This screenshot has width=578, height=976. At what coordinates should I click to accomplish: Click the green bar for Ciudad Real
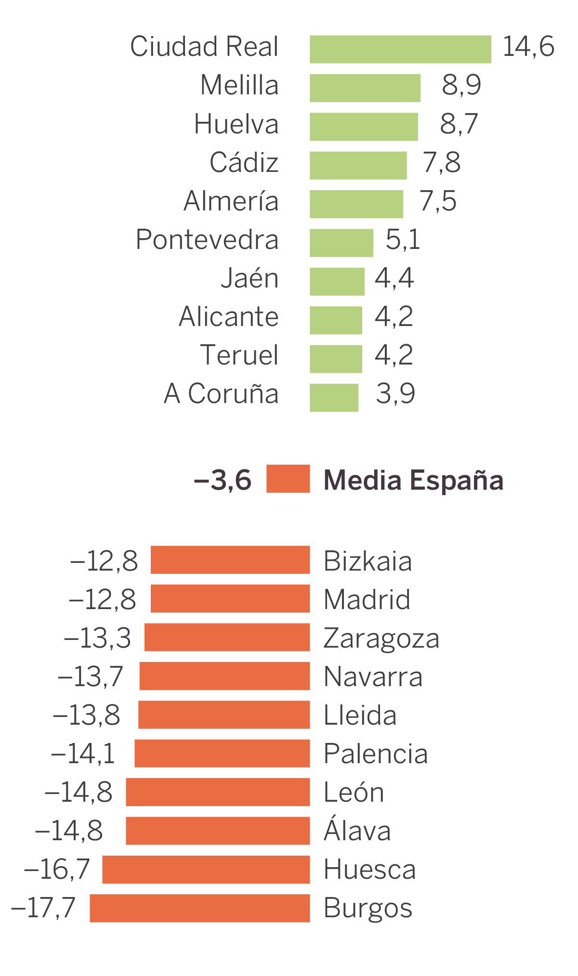click(x=400, y=49)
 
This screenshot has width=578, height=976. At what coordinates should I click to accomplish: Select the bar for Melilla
click(x=365, y=88)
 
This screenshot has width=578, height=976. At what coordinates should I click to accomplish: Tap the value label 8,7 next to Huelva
click(x=459, y=124)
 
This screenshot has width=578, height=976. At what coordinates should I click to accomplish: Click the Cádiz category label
click(x=244, y=162)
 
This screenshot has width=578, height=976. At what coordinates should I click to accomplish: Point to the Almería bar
click(x=356, y=204)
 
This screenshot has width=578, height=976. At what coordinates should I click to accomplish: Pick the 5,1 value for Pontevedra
click(x=403, y=239)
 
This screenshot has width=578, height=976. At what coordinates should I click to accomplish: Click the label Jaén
click(x=250, y=278)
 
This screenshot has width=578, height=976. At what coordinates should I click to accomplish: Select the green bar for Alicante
click(x=336, y=320)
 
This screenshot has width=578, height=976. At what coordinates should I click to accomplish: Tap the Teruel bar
click(x=336, y=359)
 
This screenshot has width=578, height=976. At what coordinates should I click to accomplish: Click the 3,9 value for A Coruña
click(x=395, y=394)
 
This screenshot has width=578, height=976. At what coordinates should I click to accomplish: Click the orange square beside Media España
click(x=288, y=479)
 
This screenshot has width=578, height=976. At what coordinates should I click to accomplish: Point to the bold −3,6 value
click(x=223, y=480)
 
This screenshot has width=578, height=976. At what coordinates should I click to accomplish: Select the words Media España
click(x=413, y=481)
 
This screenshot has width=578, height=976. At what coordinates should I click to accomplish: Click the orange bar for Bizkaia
click(x=230, y=560)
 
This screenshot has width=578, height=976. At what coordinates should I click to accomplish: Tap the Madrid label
click(x=367, y=599)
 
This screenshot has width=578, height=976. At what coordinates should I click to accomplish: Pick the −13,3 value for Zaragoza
click(x=97, y=638)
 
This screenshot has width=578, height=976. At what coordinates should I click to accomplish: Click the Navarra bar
click(x=224, y=676)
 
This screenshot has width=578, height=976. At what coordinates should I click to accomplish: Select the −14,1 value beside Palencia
click(x=83, y=754)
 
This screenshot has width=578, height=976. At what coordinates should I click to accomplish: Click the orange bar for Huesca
click(x=206, y=869)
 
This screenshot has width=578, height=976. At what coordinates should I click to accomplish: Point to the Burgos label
click(x=368, y=908)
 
